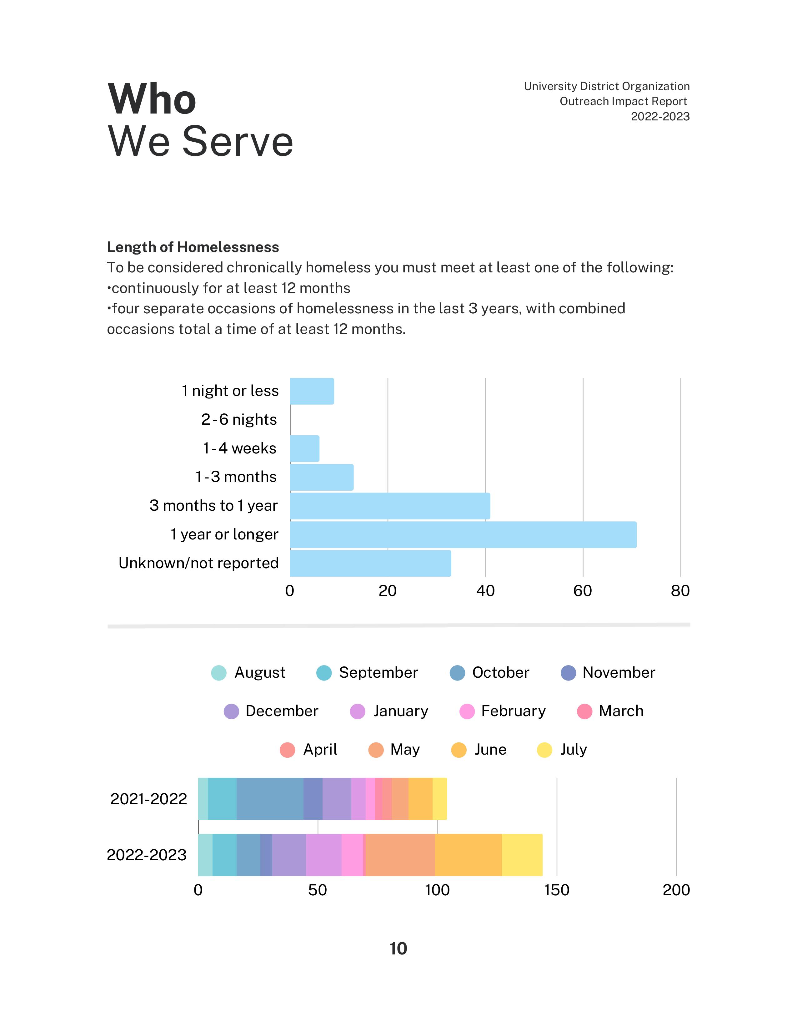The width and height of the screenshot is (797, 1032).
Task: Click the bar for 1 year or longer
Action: tap(463, 534)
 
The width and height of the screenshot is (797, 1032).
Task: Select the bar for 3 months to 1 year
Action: tap(390, 506)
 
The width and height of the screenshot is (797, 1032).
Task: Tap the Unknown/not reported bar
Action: tap(370, 563)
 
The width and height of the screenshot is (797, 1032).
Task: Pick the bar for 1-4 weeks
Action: tap(304, 448)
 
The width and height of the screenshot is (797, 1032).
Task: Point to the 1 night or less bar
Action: tap(312, 391)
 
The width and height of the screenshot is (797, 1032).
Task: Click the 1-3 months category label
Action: tap(236, 477)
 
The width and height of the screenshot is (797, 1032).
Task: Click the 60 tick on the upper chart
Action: tap(583, 591)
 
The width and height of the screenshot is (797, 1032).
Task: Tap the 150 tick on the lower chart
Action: tap(557, 890)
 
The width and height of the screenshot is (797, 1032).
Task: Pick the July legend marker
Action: tap(545, 750)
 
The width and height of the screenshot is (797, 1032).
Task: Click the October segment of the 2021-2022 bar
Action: tap(270, 799)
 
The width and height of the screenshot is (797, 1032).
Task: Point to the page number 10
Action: tap(398, 949)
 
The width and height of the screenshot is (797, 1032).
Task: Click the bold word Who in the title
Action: tap(152, 99)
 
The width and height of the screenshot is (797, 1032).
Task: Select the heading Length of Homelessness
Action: tap(193, 247)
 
